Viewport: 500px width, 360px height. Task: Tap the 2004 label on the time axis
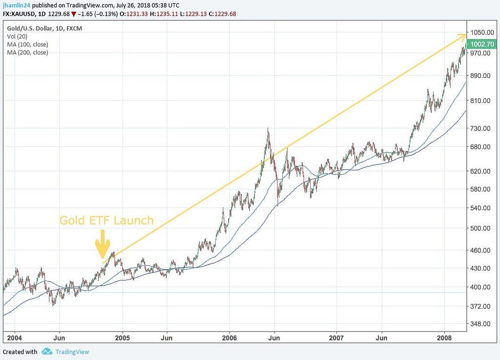pos(15,338)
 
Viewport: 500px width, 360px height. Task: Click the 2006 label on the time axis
pos(229,338)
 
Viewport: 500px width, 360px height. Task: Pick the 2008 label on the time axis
pos(444,338)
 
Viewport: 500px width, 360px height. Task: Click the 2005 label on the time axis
pos(123,338)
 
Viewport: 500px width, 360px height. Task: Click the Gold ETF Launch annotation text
pos(106,220)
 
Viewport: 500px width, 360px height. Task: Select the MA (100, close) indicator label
pos(28,44)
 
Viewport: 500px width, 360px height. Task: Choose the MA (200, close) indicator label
pos(28,52)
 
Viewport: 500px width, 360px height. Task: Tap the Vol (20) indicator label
pos(18,37)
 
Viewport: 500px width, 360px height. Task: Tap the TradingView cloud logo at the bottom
pos(47,351)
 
